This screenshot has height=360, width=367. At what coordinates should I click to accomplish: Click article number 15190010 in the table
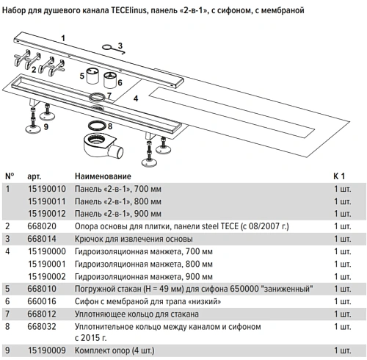pyautogui.click(x=46, y=189)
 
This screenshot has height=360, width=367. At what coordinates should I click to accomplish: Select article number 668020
pyautogui.click(x=43, y=226)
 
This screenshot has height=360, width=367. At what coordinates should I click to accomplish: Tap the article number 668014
pyautogui.click(x=43, y=239)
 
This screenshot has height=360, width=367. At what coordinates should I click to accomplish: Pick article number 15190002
pyautogui.click(x=46, y=276)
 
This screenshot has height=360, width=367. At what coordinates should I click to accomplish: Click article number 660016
pyautogui.click(x=43, y=300)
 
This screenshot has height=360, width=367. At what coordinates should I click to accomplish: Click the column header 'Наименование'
pyautogui.click(x=103, y=176)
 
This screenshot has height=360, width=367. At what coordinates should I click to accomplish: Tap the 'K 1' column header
pyautogui.click(x=339, y=176)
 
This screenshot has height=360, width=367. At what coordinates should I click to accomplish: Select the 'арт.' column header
pyautogui.click(x=34, y=176)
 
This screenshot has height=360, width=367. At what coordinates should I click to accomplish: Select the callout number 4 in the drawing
pyautogui.click(x=135, y=97)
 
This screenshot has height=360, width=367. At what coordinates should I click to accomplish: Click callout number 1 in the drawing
pyautogui.click(x=63, y=36)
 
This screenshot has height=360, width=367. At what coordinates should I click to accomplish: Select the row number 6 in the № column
pyautogui.click(x=9, y=300)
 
